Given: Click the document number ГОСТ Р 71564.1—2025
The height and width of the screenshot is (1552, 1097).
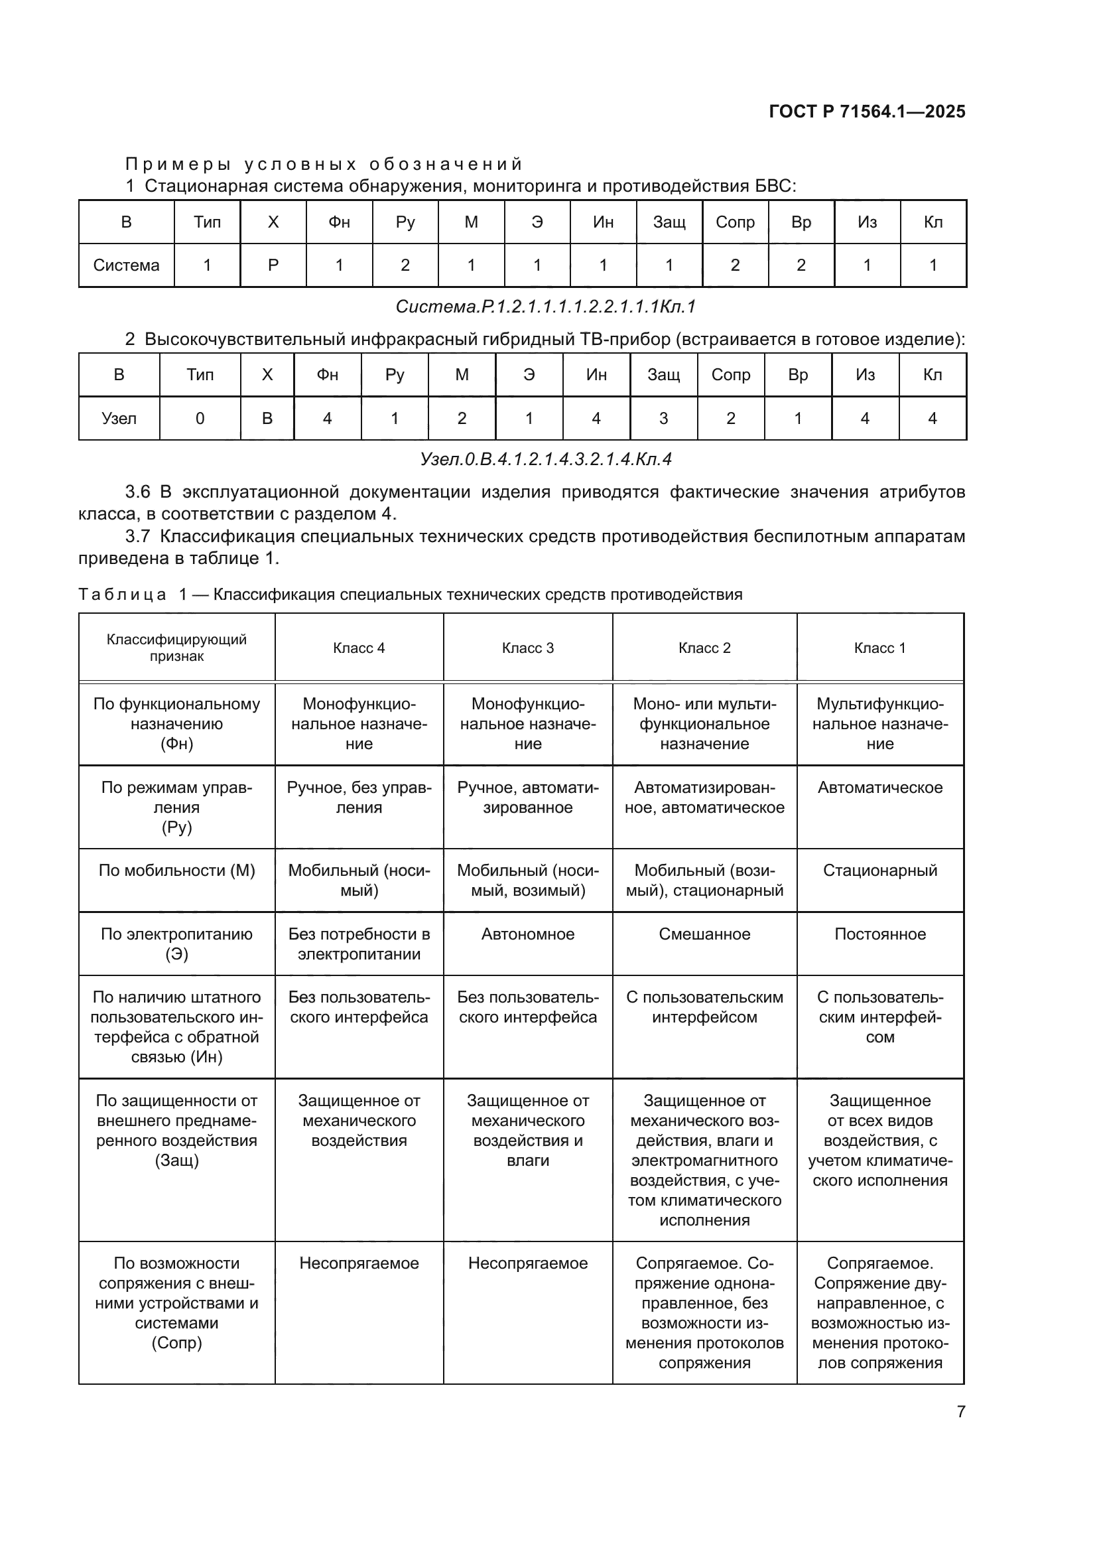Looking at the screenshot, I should click(867, 112).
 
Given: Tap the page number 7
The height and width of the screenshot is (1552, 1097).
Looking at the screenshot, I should click(960, 1411).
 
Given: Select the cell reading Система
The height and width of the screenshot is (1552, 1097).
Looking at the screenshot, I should click(126, 265).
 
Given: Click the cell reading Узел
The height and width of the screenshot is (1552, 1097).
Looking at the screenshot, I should click(119, 419).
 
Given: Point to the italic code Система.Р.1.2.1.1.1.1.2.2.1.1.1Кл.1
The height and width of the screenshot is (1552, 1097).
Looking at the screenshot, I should click(545, 307).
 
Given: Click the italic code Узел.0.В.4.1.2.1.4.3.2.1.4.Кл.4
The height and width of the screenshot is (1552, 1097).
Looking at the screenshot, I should click(545, 460).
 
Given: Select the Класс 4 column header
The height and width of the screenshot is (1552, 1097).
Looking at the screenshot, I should click(359, 648).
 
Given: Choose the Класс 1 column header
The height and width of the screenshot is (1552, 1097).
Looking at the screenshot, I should click(879, 648).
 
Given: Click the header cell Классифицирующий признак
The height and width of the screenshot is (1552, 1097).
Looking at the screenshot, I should click(176, 648).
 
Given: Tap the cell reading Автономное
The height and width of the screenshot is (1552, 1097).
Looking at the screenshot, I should click(527, 934).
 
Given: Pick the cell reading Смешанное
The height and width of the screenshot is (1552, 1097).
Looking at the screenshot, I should click(704, 934).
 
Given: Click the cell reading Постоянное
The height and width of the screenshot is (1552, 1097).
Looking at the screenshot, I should click(879, 934).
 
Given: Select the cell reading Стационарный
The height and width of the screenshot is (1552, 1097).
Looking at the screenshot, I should click(879, 871).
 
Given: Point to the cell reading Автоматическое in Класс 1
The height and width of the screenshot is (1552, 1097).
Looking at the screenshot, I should click(879, 788).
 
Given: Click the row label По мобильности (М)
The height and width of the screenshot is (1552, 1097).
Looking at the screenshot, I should click(176, 871).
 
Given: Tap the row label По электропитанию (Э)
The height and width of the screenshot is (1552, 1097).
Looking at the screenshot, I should click(176, 944).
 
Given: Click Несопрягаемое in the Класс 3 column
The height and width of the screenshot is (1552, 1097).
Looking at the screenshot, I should click(527, 1263).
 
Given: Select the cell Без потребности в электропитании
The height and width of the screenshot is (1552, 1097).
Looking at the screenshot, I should click(359, 944).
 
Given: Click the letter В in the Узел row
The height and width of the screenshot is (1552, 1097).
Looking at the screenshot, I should click(267, 419).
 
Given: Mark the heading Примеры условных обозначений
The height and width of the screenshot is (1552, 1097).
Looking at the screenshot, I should click(324, 165).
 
